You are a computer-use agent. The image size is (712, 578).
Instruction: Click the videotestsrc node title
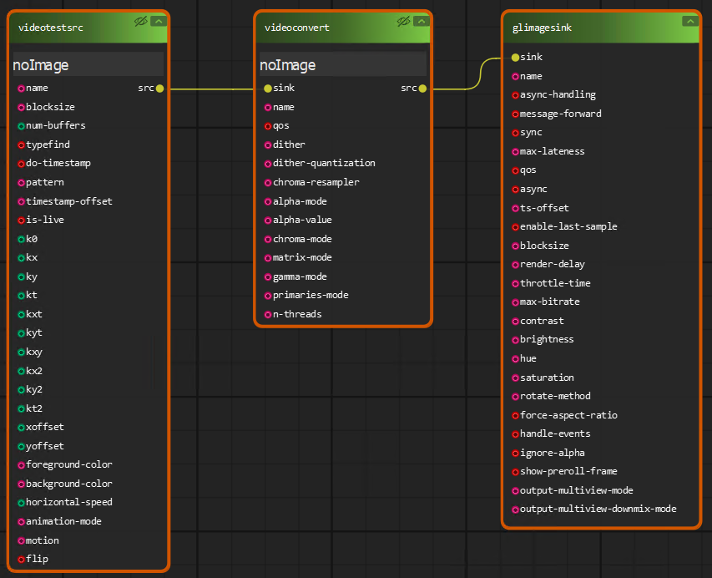51,28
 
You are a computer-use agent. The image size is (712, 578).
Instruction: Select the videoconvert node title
297,28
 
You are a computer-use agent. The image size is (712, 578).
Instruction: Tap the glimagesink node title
542,28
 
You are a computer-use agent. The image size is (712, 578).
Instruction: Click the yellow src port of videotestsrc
159,88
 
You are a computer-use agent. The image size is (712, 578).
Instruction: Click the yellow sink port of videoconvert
267,88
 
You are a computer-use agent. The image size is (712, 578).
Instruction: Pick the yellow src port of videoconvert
422,88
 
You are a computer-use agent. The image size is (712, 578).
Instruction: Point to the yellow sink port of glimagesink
514,58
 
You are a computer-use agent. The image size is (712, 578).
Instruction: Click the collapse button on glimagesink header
689,22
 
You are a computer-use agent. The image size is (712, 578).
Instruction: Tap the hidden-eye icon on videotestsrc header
140,22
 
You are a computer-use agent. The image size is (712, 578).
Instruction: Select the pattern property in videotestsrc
44,182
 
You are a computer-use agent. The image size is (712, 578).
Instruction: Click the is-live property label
44,220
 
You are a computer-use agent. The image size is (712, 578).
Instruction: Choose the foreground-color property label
68,464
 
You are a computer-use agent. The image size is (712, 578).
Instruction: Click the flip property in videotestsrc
37,559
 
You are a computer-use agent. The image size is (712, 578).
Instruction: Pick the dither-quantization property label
324,163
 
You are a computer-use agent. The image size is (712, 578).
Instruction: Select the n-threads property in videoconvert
297,314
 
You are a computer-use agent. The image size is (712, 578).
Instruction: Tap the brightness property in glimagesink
547,339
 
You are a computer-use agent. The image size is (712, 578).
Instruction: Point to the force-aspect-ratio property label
568,415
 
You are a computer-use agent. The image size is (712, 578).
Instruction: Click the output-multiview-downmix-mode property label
598,509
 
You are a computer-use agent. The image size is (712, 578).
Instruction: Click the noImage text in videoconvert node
288,65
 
